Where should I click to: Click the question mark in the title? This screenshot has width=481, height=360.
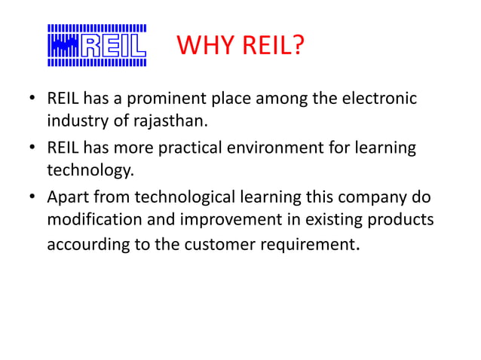tap(297, 50)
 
